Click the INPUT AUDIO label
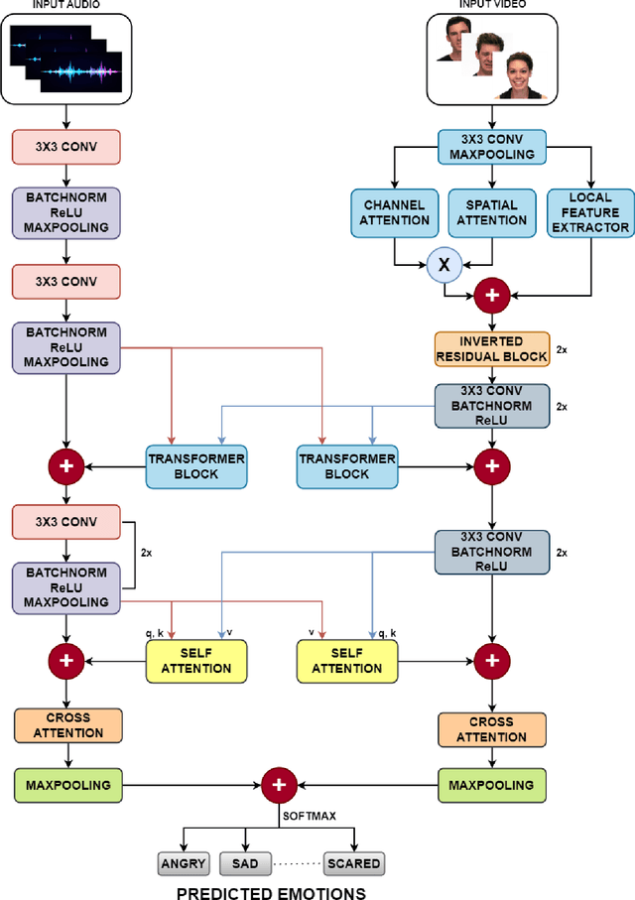[64, 6]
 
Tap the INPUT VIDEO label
[492, 6]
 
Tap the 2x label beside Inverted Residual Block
[562, 350]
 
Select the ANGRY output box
[183, 863]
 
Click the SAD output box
[244, 863]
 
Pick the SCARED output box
[353, 863]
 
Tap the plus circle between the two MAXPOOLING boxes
[279, 785]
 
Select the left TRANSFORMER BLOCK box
[195, 466]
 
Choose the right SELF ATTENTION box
[346, 660]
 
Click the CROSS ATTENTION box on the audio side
[67, 724]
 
